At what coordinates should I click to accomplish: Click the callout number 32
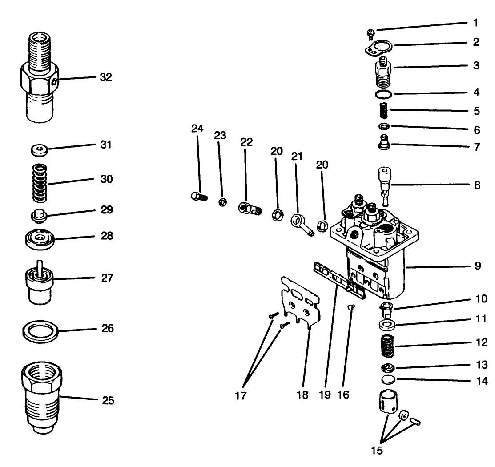click(105, 77)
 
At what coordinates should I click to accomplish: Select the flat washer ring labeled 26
click(40, 330)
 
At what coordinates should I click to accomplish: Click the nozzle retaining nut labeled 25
click(42, 396)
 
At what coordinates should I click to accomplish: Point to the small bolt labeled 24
click(197, 196)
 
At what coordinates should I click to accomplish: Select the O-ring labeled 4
click(383, 94)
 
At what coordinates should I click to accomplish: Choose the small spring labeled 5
click(383, 110)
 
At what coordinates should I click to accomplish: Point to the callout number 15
click(376, 450)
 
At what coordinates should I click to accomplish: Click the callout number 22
click(246, 142)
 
